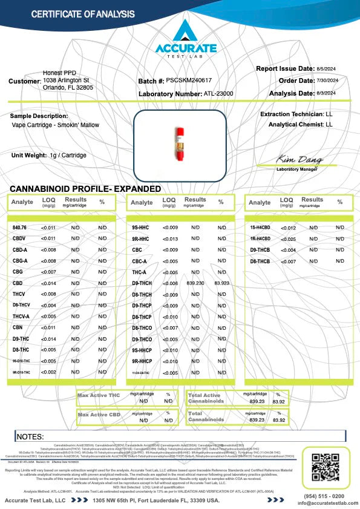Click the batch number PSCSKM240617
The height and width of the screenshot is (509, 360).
click(x=189, y=80)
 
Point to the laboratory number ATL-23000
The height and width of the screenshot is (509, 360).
click(x=218, y=94)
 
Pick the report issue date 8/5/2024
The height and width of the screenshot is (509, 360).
click(x=343, y=69)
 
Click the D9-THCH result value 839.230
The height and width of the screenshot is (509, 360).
click(x=196, y=283)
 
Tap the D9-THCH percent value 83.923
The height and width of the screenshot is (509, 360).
click(x=222, y=283)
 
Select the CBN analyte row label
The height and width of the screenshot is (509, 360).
click(x=18, y=327)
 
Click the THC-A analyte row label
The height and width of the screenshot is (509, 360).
click(x=139, y=272)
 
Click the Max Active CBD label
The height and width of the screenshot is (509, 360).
click(x=99, y=415)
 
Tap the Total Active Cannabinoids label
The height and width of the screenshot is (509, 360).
click(x=206, y=398)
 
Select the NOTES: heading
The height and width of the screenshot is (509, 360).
click(x=30, y=436)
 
